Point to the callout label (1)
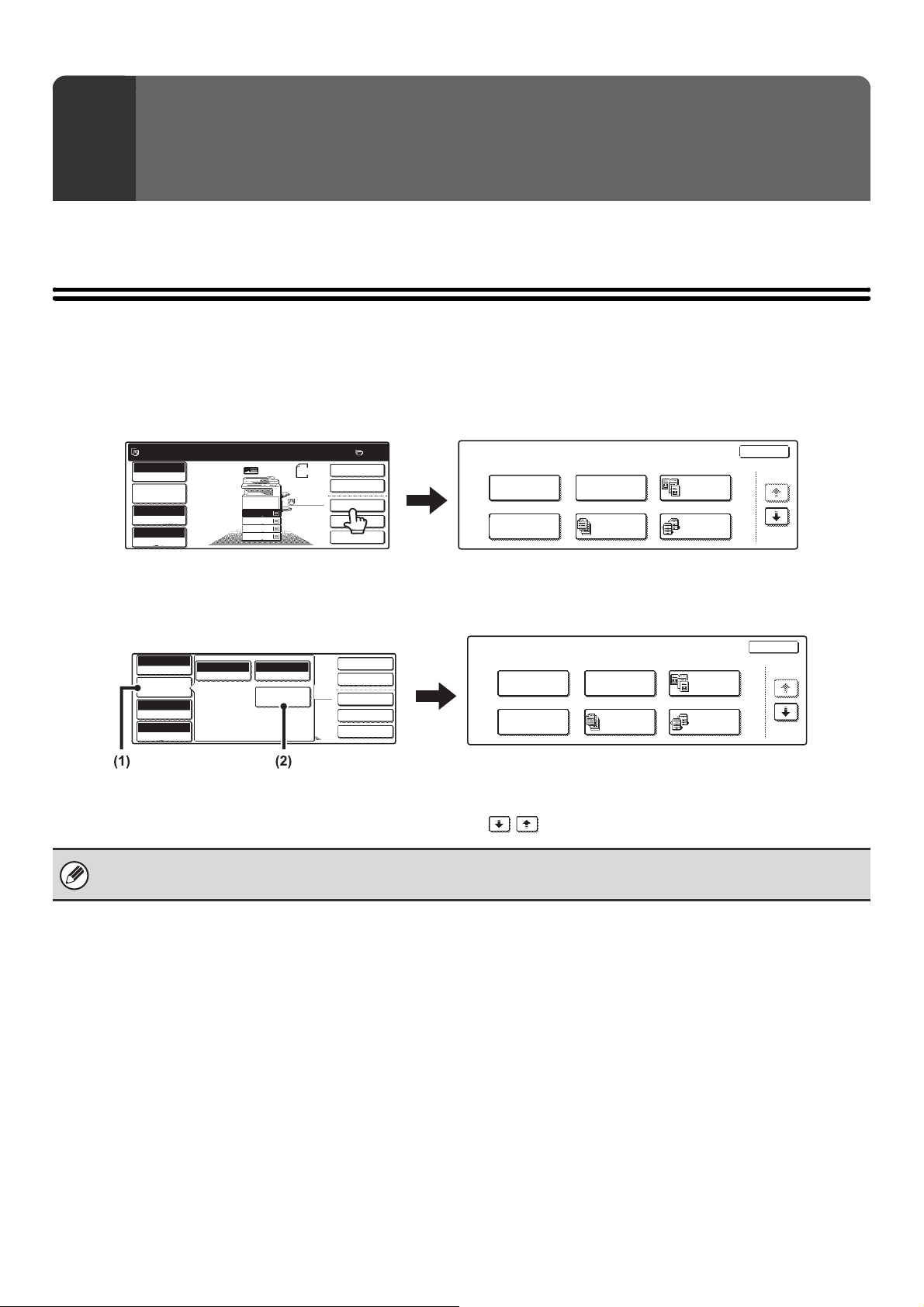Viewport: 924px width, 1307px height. click(118, 762)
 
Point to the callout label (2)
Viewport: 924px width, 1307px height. click(284, 762)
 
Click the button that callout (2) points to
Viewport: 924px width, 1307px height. click(283, 696)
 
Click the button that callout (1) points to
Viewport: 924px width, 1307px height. click(164, 687)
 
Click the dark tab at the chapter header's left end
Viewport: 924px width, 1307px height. click(93, 138)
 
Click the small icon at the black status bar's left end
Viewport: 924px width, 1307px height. click(136, 453)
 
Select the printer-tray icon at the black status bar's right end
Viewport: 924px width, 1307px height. click(359, 453)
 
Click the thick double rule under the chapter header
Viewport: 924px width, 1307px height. click(462, 294)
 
